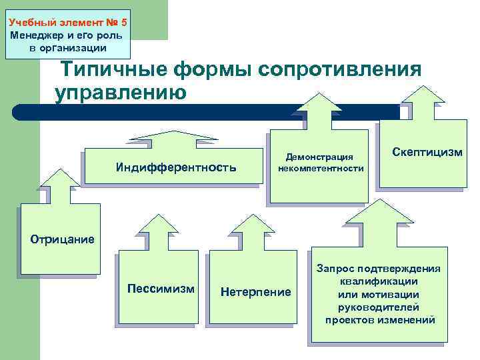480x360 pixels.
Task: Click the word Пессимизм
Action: (161, 289)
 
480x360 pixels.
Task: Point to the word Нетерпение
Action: (255, 292)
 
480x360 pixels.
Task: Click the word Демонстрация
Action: (319, 157)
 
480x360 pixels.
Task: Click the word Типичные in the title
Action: (114, 69)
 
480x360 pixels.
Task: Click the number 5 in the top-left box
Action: (123, 22)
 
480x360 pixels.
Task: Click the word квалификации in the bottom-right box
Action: (379, 282)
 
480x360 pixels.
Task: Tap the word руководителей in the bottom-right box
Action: (379, 307)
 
